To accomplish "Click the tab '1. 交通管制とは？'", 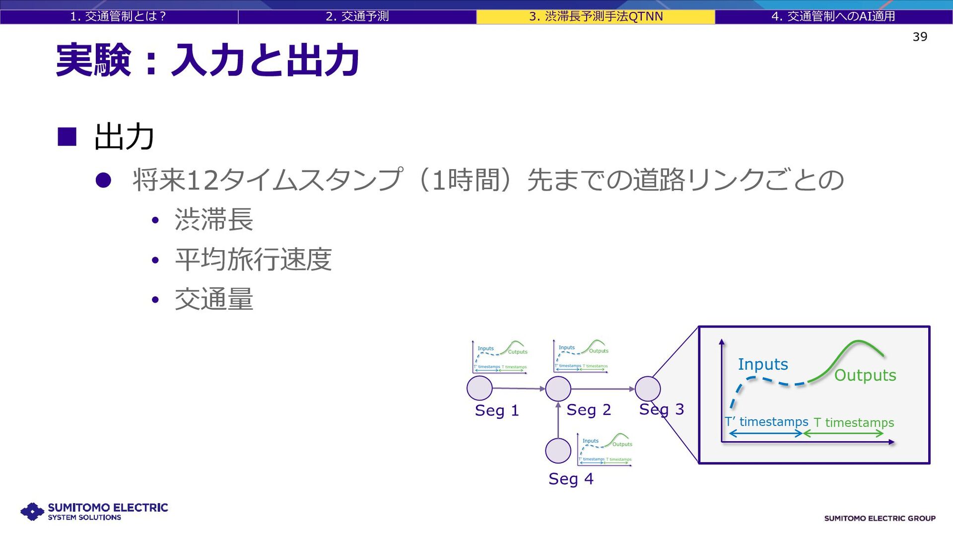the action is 118,16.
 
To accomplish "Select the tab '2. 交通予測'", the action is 357,16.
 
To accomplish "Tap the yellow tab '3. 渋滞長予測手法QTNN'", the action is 596,16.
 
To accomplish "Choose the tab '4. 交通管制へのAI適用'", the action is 833,16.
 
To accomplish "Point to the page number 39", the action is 920,37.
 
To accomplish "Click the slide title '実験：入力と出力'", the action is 207,61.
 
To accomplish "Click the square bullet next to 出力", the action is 67,136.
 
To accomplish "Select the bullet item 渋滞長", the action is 214,219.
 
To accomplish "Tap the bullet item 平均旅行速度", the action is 253,260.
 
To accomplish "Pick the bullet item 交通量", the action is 214,299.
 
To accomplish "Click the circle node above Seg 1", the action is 479,388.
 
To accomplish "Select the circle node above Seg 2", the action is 558,389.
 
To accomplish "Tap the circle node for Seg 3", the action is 648,389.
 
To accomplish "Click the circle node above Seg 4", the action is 558,451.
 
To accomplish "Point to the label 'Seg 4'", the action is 571,479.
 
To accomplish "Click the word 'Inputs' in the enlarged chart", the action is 763,364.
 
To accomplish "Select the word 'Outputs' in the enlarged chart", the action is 865,375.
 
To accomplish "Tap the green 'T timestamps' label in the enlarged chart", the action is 854,422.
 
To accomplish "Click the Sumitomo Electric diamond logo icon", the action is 33,512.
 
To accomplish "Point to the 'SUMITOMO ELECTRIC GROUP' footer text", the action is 880,518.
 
